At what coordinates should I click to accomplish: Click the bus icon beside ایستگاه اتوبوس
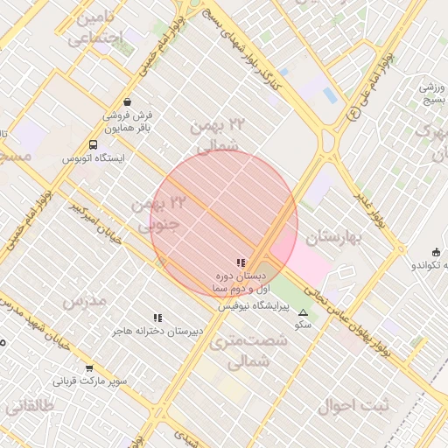(x=94, y=144)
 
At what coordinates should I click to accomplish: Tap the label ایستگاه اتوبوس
(x=94, y=159)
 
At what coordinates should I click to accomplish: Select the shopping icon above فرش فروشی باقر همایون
(x=129, y=101)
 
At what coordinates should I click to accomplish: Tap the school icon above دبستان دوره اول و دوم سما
(x=241, y=262)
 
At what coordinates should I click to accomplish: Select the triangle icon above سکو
(x=304, y=312)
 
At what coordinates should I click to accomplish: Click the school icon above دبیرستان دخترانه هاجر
(x=158, y=318)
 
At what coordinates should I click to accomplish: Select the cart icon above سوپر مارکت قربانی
(x=89, y=367)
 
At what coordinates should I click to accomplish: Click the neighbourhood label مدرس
(x=85, y=300)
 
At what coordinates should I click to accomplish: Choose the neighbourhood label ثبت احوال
(x=345, y=405)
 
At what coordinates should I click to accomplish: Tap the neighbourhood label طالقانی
(x=30, y=405)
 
